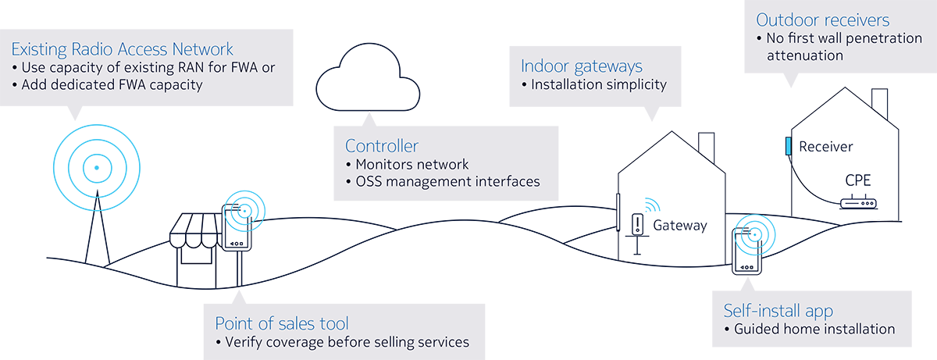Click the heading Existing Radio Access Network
pyautogui.click(x=122, y=49)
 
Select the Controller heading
pyautogui.click(x=381, y=146)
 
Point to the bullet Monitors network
pyautogui.click(x=411, y=164)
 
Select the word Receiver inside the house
pyautogui.click(x=826, y=147)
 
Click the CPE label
pyautogui.click(x=857, y=181)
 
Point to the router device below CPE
pyautogui.click(x=858, y=205)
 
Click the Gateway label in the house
pyautogui.click(x=679, y=226)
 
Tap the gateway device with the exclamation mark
pyautogui.click(x=638, y=225)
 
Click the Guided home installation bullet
pyautogui.click(x=814, y=329)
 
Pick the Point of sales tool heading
pyautogui.click(x=281, y=323)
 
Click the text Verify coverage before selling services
pyautogui.click(x=347, y=342)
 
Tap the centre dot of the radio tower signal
pyautogui.click(x=96, y=167)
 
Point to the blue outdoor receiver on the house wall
pyautogui.click(x=789, y=146)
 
